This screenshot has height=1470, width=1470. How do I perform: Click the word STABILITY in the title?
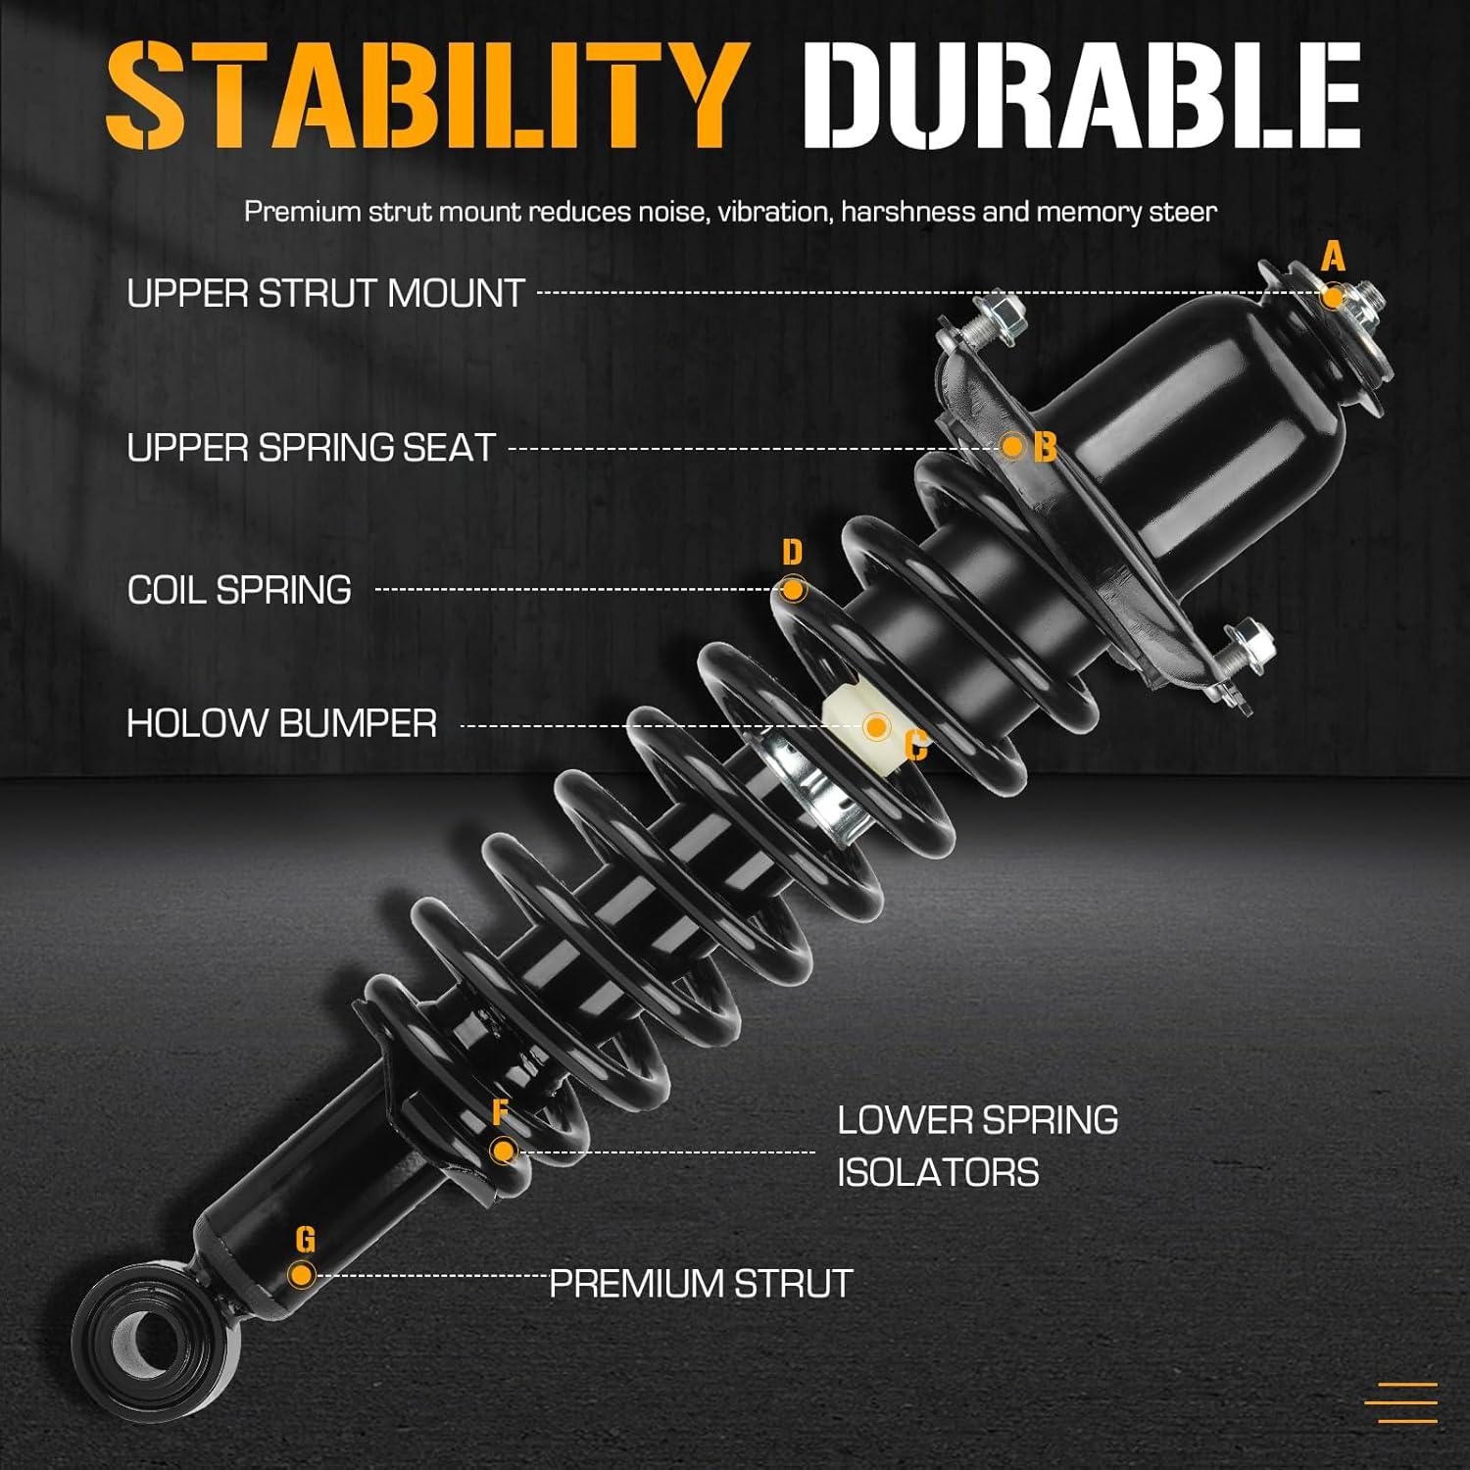click(421, 95)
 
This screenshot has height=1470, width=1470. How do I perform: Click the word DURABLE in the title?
click(1086, 95)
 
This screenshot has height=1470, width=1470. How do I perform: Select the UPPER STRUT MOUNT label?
click(326, 294)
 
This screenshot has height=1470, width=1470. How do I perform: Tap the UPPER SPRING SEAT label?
click(312, 448)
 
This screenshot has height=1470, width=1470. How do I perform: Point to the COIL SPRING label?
click(239, 590)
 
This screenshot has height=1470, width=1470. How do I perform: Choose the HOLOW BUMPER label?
click(282, 724)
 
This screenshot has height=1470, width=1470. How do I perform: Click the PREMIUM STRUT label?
click(701, 1284)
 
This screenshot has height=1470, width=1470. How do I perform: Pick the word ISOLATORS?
click(938, 1173)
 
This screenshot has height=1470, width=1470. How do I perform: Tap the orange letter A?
click(1333, 258)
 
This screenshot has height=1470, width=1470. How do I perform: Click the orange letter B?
click(1046, 448)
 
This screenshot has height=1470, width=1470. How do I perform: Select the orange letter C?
click(916, 747)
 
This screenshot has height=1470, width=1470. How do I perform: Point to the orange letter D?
click(792, 553)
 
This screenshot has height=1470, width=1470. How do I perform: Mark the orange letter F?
click(501, 1112)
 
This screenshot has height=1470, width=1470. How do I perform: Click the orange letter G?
click(305, 1241)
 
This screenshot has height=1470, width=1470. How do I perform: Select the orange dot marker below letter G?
click(302, 1275)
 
